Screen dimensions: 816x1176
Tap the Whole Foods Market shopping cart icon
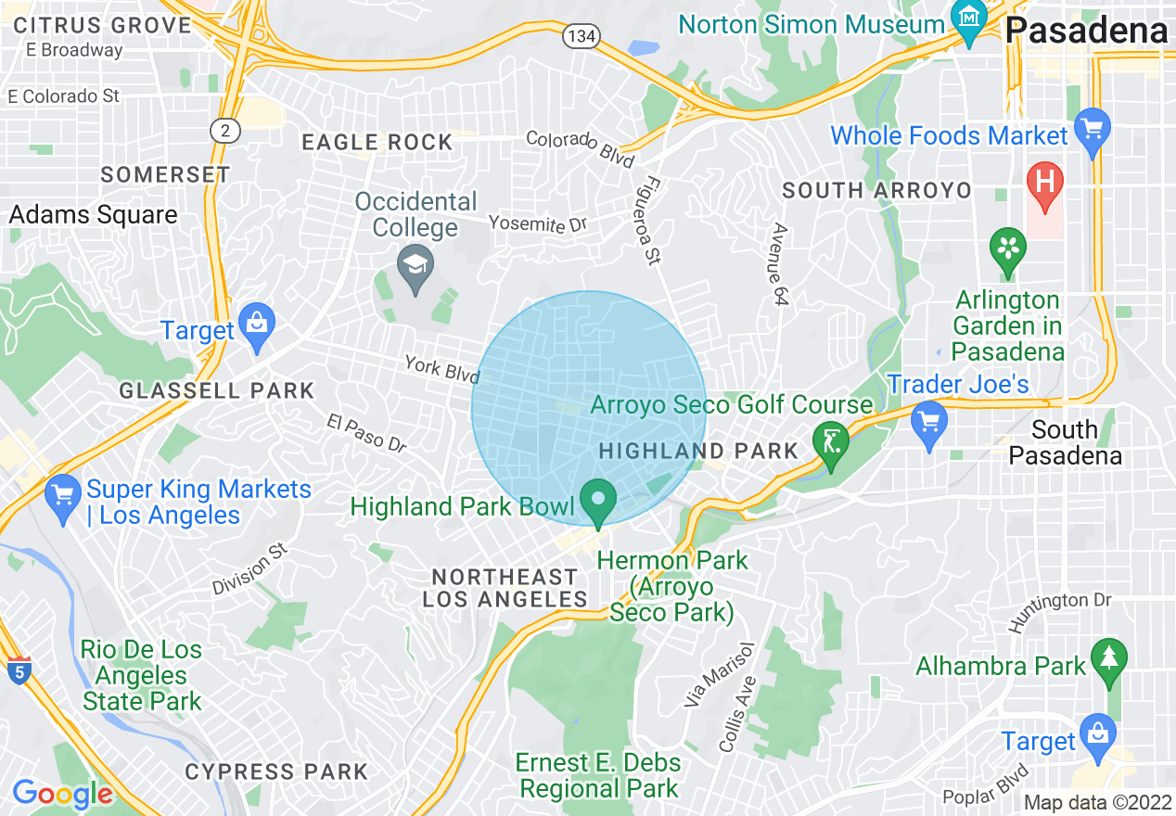(1093, 129)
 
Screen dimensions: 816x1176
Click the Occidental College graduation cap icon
(415, 266)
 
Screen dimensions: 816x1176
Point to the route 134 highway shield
(581, 36)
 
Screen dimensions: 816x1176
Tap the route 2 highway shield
(224, 131)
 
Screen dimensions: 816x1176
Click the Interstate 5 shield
(19, 669)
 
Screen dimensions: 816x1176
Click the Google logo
(62, 794)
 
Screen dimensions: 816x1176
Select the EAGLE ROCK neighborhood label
(377, 142)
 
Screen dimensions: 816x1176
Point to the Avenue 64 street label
(780, 265)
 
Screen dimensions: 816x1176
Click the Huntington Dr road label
(1059, 613)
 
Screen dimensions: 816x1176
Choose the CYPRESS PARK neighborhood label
(276, 771)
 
